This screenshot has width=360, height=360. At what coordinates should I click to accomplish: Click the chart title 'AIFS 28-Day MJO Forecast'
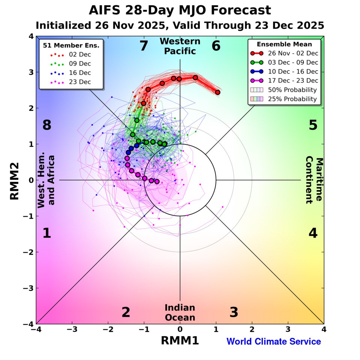coord(180,10)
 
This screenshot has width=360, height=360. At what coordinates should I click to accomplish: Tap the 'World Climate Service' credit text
coord(273,342)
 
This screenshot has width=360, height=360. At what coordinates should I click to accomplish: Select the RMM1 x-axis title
coord(180,340)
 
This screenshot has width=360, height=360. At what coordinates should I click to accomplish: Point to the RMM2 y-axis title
coord(14,180)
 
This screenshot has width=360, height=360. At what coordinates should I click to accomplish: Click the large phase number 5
coord(313,125)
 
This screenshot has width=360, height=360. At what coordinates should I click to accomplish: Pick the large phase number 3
coord(234,312)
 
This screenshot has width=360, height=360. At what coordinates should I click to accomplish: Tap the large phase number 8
coord(46,125)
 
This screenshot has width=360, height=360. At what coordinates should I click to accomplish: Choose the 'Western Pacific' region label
coord(180,46)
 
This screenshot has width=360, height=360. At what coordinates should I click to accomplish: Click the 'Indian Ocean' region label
coord(180,313)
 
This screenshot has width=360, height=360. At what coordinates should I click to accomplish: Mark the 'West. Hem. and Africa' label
coord(46,180)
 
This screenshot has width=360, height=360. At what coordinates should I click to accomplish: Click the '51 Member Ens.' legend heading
coord(71,46)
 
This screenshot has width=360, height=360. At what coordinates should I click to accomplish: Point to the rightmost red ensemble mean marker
coord(217,92)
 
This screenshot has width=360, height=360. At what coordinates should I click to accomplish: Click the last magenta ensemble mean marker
coord(157,181)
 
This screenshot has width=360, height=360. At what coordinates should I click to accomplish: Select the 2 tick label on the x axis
coord(252,329)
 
